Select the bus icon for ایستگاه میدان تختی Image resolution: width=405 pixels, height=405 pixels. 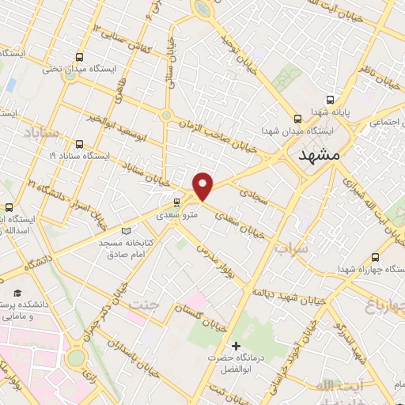pos(79,57)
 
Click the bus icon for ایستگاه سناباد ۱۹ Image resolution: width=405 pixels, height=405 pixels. pos(79,144)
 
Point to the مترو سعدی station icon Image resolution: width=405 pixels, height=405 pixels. pos(176,202)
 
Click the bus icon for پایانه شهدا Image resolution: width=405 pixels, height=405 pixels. pos(330,100)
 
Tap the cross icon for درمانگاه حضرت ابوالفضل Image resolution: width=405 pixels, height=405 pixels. pos(235,346)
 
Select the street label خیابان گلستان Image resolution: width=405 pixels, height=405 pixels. pos(201,316)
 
